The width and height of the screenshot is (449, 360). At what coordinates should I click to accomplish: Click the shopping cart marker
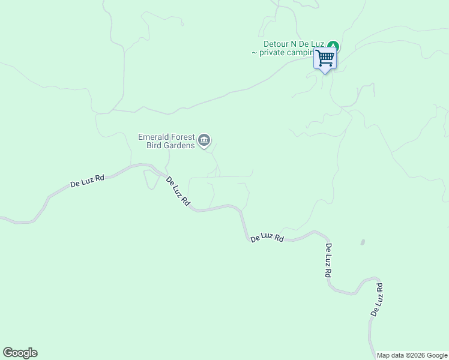(325, 59)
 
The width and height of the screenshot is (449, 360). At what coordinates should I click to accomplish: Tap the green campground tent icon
(334, 46)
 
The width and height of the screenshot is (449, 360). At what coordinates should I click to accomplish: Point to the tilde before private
(255, 53)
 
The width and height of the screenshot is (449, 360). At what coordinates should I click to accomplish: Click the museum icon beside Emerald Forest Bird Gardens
(204, 140)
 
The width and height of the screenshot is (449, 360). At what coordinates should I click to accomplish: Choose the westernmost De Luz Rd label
(88, 181)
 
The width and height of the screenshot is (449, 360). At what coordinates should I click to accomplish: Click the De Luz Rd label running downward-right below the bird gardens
(178, 192)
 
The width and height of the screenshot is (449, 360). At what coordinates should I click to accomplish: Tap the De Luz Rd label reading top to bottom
(328, 260)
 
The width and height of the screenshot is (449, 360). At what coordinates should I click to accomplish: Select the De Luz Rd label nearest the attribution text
(377, 300)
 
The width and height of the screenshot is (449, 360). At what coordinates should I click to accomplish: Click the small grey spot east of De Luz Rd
(363, 242)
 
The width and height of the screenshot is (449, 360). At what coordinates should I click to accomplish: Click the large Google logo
(20, 353)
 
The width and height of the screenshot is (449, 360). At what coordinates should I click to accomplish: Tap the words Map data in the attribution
(391, 355)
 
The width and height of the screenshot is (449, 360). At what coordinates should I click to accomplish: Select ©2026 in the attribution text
(415, 355)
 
